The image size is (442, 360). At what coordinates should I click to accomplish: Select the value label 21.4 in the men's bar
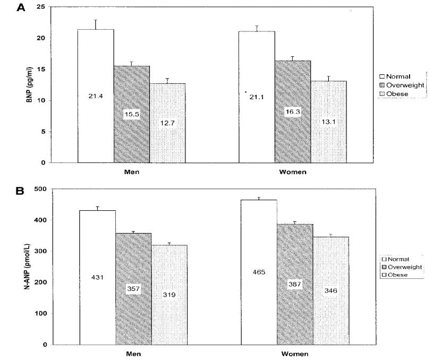96,96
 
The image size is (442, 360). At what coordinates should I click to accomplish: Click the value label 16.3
292,112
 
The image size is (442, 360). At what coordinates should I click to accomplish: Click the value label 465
259,272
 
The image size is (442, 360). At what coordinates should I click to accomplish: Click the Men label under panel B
132,353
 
